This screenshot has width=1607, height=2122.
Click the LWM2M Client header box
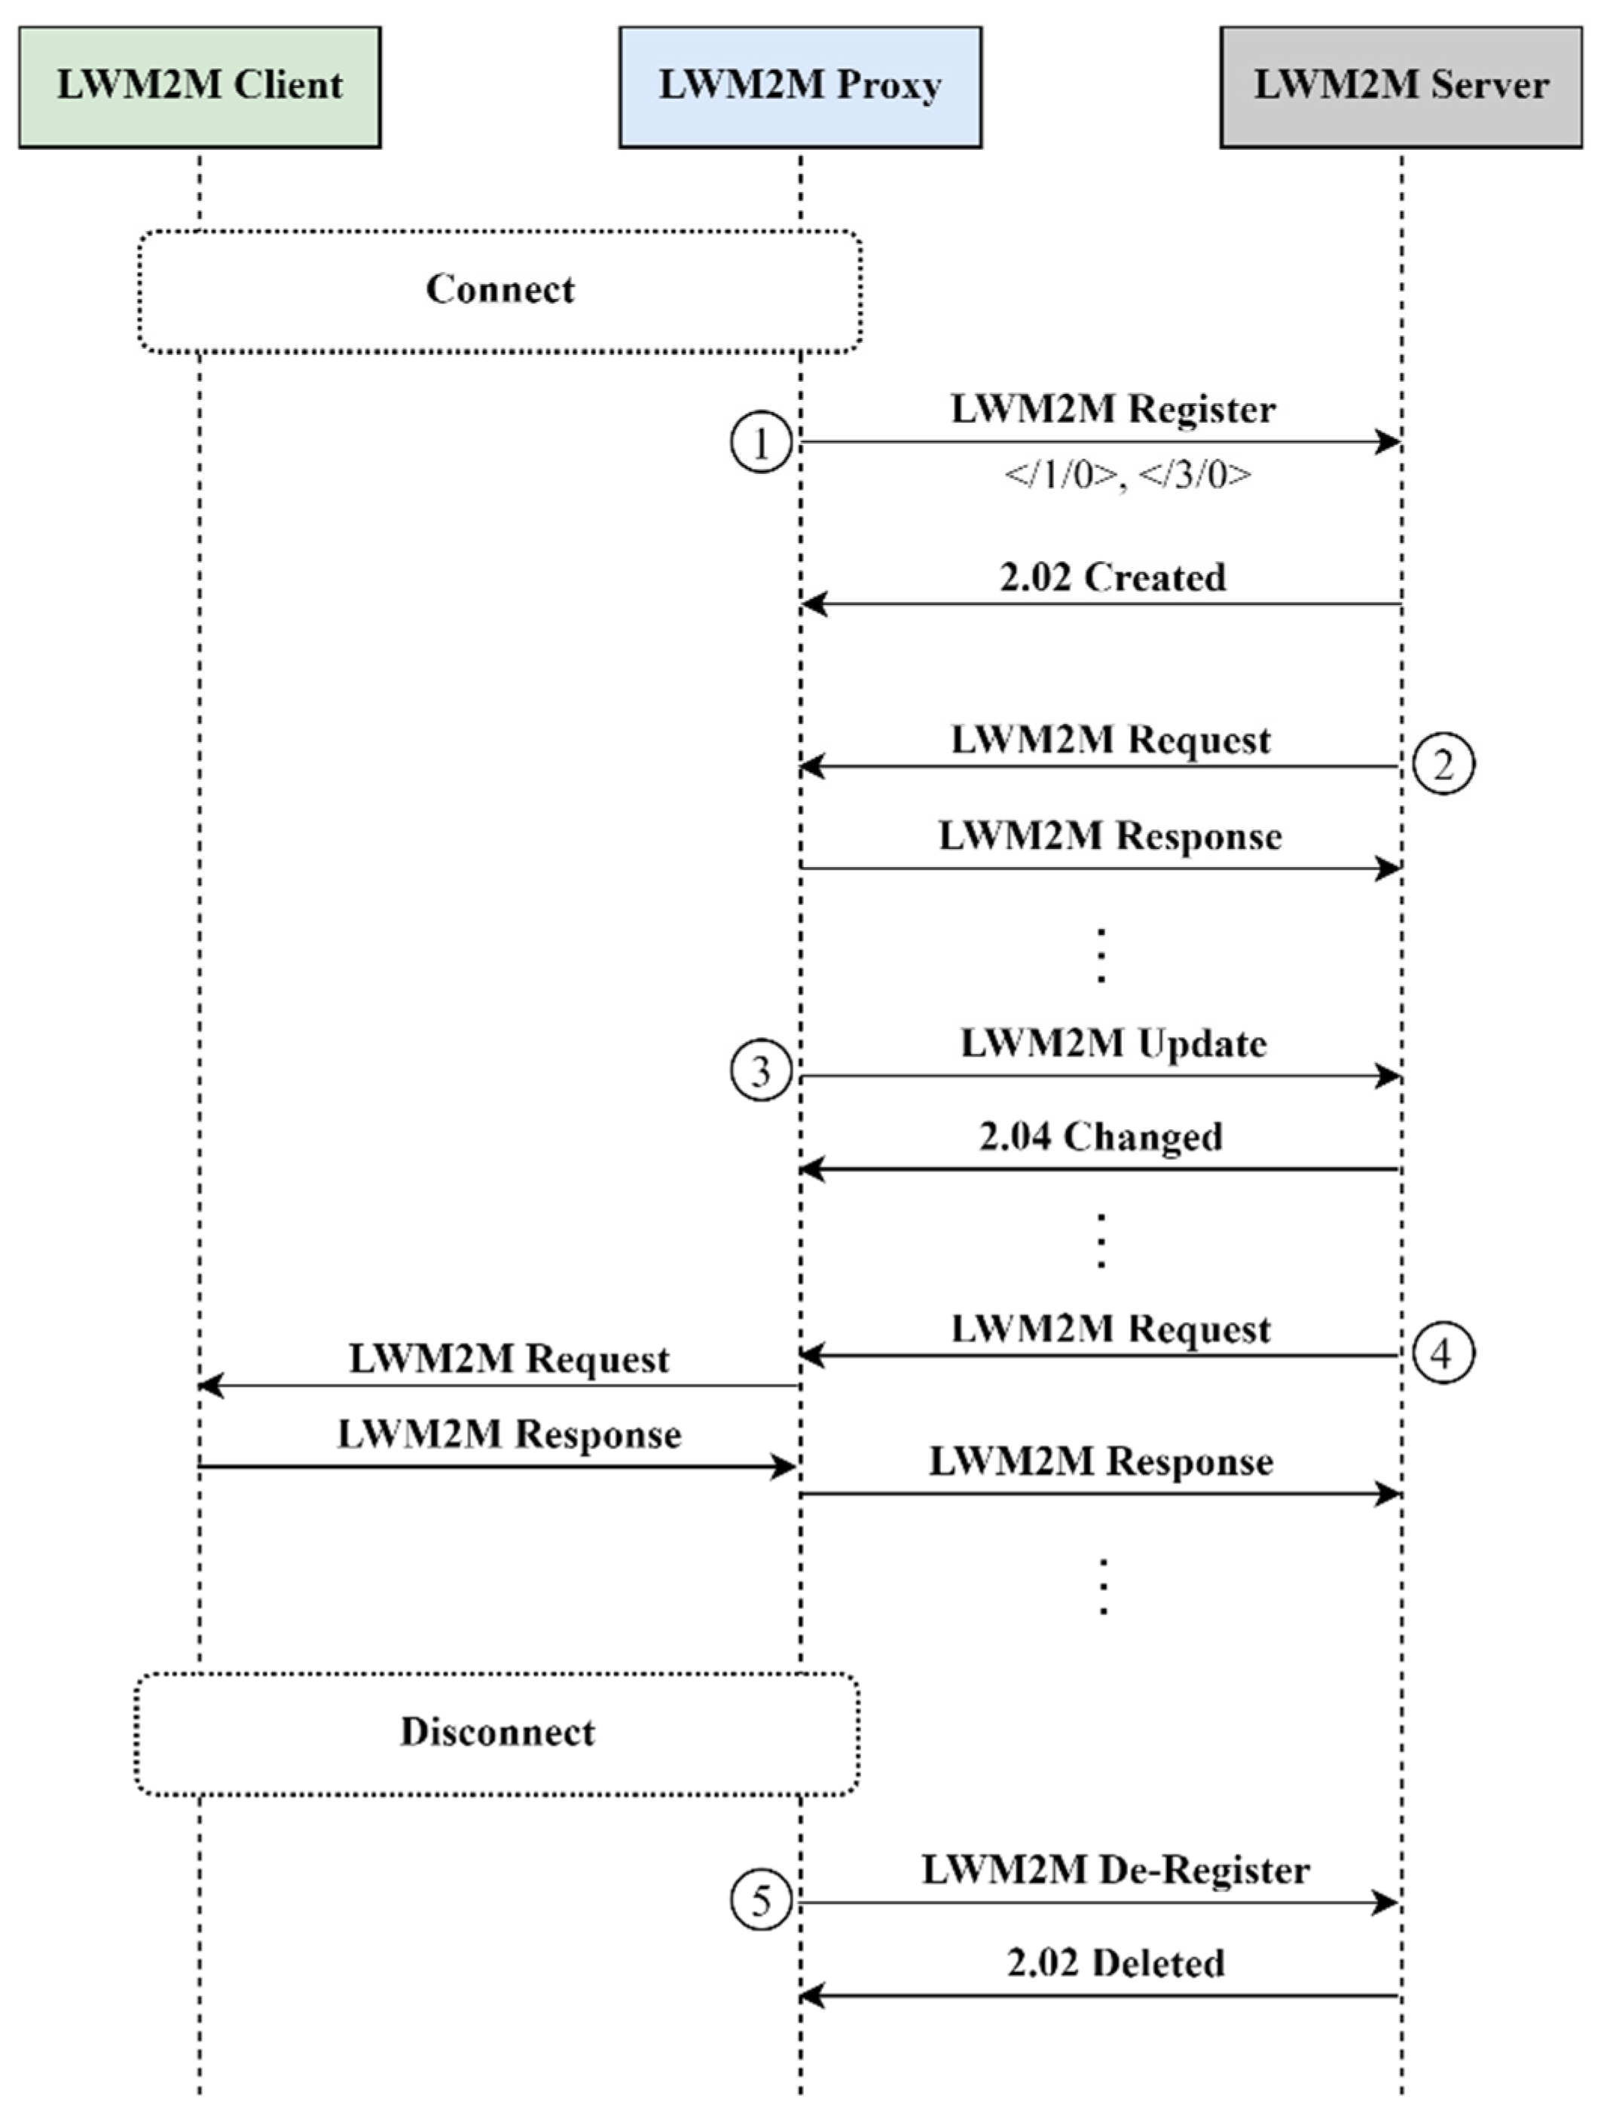pyautogui.click(x=200, y=87)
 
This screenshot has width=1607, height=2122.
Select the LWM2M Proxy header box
pyautogui.click(x=799, y=87)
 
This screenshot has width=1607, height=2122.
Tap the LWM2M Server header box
pyautogui.click(x=1400, y=87)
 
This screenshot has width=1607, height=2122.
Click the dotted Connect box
pyautogui.click(x=499, y=291)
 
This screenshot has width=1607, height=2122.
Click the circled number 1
pyautogui.click(x=761, y=443)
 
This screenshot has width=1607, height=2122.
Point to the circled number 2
pyautogui.click(x=1443, y=765)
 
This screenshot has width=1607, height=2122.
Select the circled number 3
pyautogui.click(x=761, y=1070)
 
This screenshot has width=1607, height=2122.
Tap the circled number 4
pyautogui.click(x=1443, y=1354)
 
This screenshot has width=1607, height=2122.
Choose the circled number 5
pyautogui.click(x=761, y=1901)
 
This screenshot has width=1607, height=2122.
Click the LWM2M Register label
pyautogui.click(x=1113, y=410)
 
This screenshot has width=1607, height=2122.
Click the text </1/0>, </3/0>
pyautogui.click(x=1126, y=475)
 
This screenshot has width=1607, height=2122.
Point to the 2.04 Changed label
pyautogui.click(x=1101, y=1137)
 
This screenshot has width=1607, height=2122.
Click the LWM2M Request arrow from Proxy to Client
pyautogui.click(x=499, y=1385)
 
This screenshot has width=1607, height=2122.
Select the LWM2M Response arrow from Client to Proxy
pyautogui.click(x=499, y=1467)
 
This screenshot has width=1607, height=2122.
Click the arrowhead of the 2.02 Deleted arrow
pyautogui.click(x=811, y=1996)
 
